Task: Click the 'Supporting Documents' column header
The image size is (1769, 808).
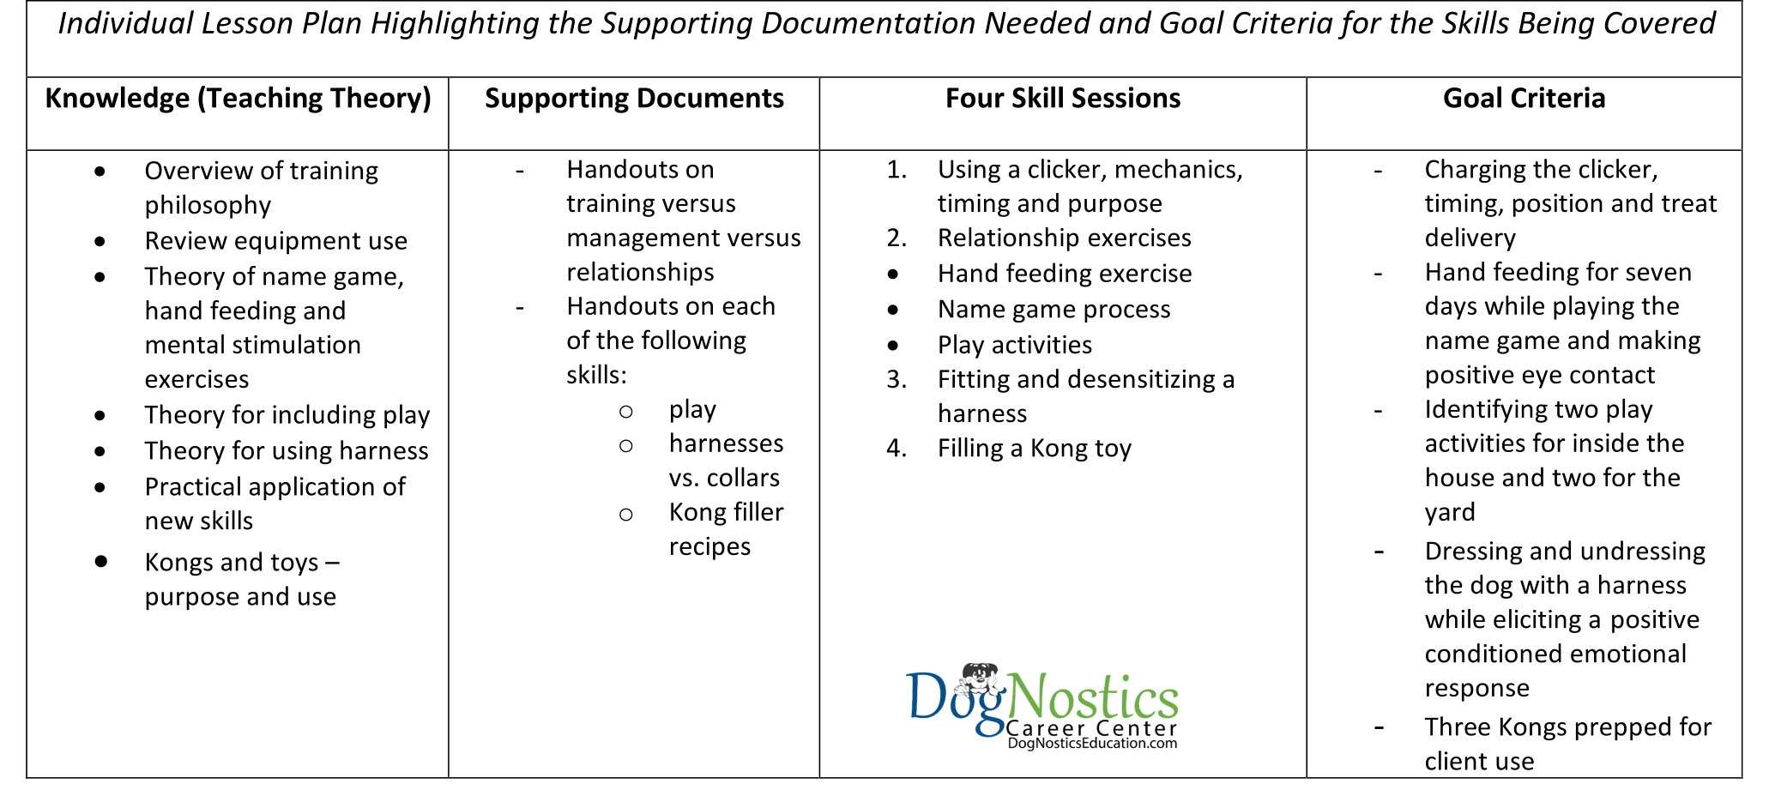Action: click(634, 99)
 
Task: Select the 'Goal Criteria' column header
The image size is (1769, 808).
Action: click(1524, 99)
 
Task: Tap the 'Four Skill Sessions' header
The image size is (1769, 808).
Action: click(1062, 99)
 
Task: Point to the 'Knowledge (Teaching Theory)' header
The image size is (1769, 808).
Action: click(238, 99)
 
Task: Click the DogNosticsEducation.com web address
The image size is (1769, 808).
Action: click(1092, 744)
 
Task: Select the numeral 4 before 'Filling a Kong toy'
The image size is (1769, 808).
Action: click(897, 449)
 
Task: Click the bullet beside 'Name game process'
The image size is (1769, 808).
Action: click(893, 310)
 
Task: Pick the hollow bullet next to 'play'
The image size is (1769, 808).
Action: click(626, 412)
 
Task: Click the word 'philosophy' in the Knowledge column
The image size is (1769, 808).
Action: click(208, 206)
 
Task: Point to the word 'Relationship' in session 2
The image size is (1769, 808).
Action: click(999, 238)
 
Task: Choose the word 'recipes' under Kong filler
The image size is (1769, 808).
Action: click(709, 547)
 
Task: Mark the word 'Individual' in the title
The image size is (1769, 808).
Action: click(125, 24)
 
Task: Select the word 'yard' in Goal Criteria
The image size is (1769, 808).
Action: click(1450, 513)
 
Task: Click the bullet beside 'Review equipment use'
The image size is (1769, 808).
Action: click(100, 242)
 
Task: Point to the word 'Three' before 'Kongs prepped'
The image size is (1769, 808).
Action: click(1458, 727)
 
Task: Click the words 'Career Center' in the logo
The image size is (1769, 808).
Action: click(1091, 728)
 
